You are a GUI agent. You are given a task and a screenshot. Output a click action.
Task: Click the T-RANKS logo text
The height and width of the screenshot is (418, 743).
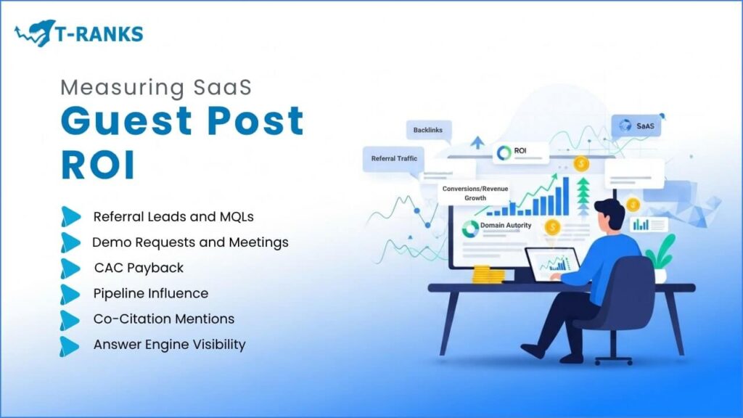[x=99, y=33]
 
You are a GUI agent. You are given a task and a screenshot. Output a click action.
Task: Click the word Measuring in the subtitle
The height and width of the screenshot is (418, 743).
[x=122, y=88]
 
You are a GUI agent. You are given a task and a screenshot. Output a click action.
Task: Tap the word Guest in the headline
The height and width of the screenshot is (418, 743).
[x=126, y=121]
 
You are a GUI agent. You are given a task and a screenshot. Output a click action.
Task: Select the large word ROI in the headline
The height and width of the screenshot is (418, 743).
[x=98, y=165]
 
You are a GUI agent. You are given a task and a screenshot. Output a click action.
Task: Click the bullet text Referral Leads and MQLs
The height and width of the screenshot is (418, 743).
[x=173, y=216]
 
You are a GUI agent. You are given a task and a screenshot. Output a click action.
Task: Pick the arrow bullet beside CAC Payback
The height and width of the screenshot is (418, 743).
[x=70, y=269]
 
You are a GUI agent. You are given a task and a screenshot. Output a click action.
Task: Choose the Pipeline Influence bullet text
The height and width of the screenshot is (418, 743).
[x=151, y=293]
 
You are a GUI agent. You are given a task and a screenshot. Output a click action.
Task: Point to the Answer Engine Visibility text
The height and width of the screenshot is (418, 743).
[x=169, y=345]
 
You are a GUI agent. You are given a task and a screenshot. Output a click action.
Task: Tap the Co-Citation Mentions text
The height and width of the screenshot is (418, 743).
[x=163, y=319]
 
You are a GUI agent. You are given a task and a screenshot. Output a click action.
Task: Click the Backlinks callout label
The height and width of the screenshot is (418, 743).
[x=428, y=130]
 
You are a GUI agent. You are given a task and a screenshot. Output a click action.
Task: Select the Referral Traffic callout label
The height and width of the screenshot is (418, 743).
[x=394, y=159]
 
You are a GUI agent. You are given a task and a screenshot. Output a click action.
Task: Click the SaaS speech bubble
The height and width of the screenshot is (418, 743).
[x=636, y=126]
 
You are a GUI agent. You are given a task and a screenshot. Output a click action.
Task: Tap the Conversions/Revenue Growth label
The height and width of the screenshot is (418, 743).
[x=475, y=193]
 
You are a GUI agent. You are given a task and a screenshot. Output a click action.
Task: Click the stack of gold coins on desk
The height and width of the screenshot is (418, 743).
[x=488, y=274]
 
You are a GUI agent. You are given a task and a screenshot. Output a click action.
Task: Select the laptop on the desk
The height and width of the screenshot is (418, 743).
[x=554, y=264]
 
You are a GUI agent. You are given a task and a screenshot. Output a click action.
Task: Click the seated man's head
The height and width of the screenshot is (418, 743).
[x=609, y=215]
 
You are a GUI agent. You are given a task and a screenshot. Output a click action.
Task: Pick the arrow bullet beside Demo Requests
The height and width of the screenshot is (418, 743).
[x=70, y=242]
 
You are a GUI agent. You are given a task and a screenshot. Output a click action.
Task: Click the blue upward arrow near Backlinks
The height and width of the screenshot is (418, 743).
[x=477, y=142]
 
